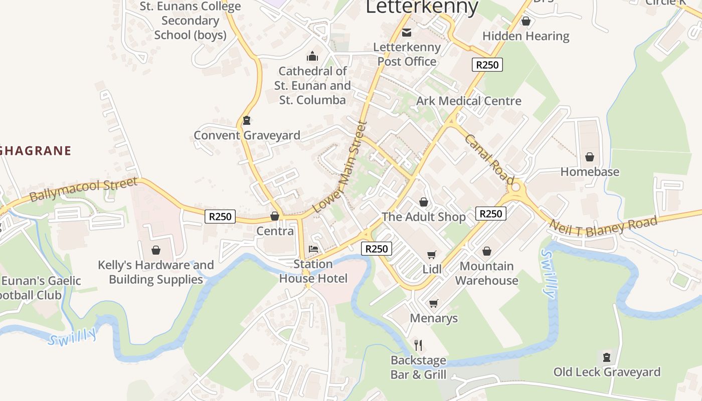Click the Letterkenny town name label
tap(422, 7)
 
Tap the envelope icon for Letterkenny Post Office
tap(407, 33)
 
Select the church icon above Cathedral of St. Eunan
tap(312, 56)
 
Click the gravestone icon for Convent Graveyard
tap(246, 120)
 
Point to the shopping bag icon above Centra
tap(275, 216)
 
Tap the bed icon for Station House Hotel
tap(313, 249)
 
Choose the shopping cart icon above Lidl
tap(432, 255)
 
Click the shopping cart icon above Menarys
tap(434, 303)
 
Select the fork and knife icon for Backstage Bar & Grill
tap(419, 345)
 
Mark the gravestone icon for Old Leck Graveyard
tap(607, 357)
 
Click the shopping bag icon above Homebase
tap(590, 157)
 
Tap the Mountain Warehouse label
tap(486, 273)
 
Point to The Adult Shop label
tap(424, 217)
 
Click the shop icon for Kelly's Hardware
tap(156, 250)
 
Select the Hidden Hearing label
tap(525, 36)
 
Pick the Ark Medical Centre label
tap(468, 101)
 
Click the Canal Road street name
tap(489, 159)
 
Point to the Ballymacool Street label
tap(83, 189)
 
